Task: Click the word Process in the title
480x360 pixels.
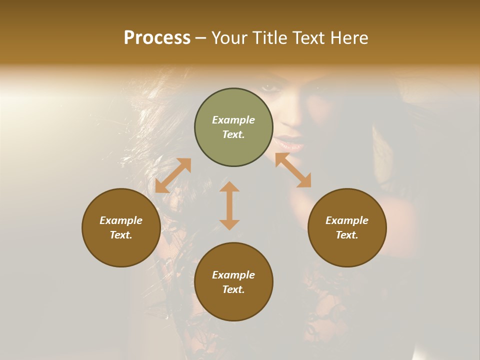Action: pyautogui.click(x=157, y=38)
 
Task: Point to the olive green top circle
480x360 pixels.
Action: pyautogui.click(x=233, y=127)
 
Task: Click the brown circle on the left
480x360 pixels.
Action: pyautogui.click(x=121, y=228)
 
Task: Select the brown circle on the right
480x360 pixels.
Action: pyautogui.click(x=347, y=228)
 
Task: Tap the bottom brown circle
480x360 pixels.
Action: pyautogui.click(x=233, y=282)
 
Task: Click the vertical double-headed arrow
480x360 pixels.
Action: pyautogui.click(x=229, y=205)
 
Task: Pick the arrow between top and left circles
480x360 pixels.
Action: pyautogui.click(x=173, y=175)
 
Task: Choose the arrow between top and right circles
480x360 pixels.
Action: pyautogui.click(x=293, y=170)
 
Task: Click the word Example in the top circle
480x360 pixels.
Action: pyautogui.click(x=233, y=120)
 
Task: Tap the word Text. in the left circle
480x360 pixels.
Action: pyautogui.click(x=121, y=235)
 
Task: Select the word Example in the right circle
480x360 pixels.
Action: pyautogui.click(x=347, y=220)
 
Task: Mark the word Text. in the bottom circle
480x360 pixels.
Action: pyautogui.click(x=233, y=289)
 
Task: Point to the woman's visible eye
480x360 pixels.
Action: pyautogui.click(x=271, y=87)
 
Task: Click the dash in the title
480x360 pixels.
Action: pyautogui.click(x=201, y=38)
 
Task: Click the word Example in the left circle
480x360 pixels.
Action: pyautogui.click(x=121, y=220)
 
